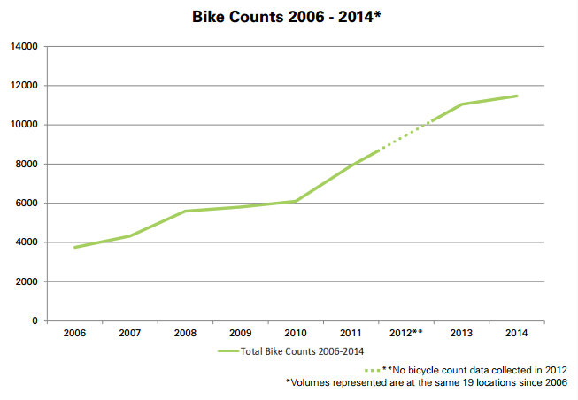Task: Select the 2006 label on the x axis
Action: [74, 334]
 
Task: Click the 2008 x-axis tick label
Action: [185, 334]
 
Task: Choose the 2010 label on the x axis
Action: [295, 334]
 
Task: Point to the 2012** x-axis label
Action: [405, 334]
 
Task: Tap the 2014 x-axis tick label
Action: [517, 334]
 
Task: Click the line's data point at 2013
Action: [461, 104]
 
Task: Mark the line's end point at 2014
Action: [517, 96]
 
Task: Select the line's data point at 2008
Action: [185, 211]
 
